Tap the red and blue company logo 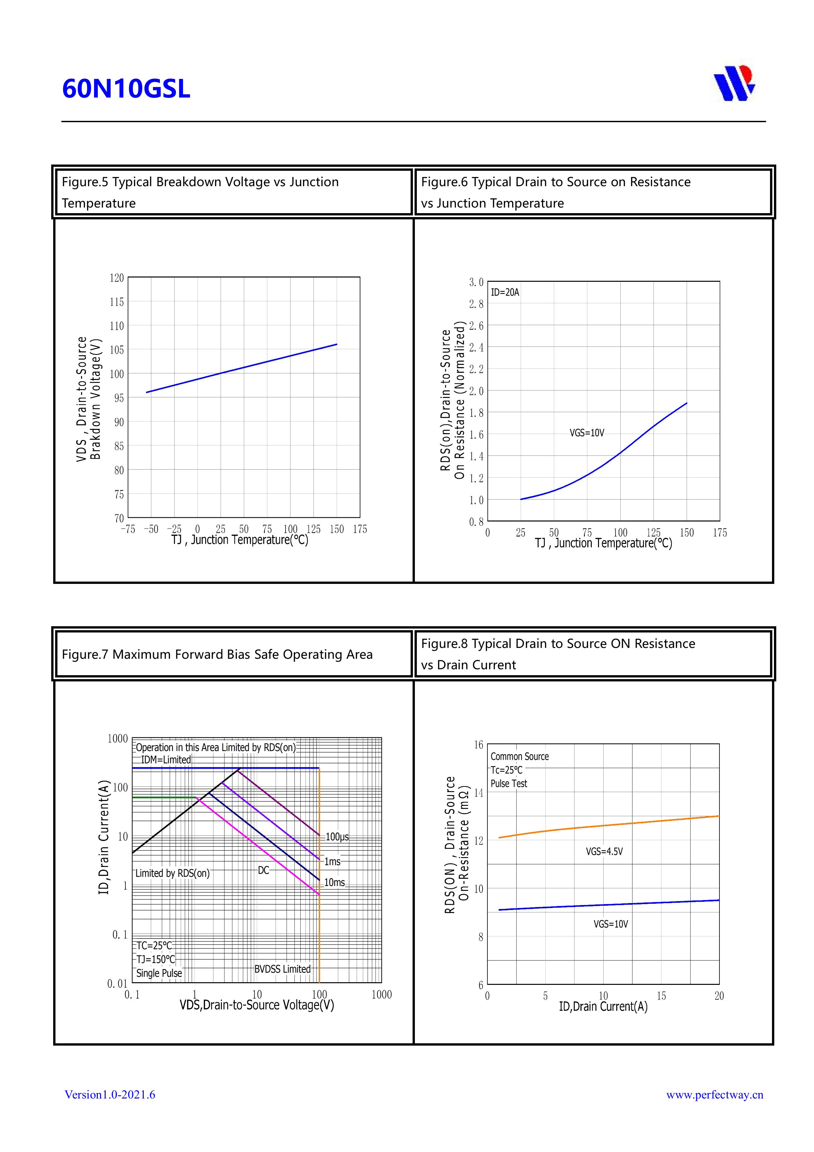click(734, 83)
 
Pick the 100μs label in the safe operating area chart click(337, 836)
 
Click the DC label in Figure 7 click(263, 870)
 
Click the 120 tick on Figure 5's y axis click(117, 278)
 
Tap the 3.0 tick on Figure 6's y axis click(476, 282)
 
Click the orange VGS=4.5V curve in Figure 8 click(602, 826)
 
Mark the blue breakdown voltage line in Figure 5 click(241, 369)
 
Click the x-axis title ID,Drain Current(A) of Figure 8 click(603, 1007)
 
